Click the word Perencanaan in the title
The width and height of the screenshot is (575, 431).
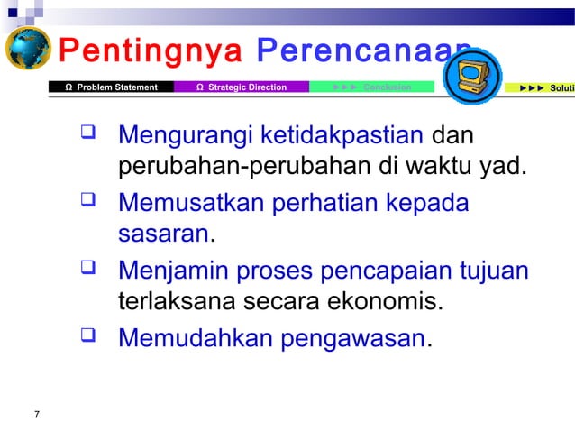(361, 52)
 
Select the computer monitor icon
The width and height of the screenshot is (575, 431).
(474, 72)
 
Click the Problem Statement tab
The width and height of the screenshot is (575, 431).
(113, 87)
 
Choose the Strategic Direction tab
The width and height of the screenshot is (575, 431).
(242, 87)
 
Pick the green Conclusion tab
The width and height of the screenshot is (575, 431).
(371, 87)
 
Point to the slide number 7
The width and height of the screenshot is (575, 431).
(36, 414)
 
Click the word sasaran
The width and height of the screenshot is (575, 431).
(163, 234)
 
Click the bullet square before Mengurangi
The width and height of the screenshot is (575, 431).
(88, 136)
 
